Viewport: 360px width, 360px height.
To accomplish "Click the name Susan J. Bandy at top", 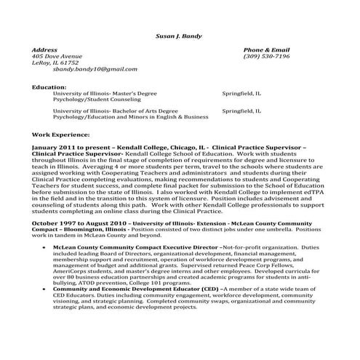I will tap(180, 36).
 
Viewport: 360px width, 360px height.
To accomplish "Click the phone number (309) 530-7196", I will tap(265, 56).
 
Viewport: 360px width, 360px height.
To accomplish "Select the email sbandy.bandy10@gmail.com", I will tap(95, 69).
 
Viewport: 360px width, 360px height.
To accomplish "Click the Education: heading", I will tap(49, 87).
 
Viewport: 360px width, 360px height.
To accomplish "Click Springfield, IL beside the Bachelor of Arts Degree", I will tap(241, 110).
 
